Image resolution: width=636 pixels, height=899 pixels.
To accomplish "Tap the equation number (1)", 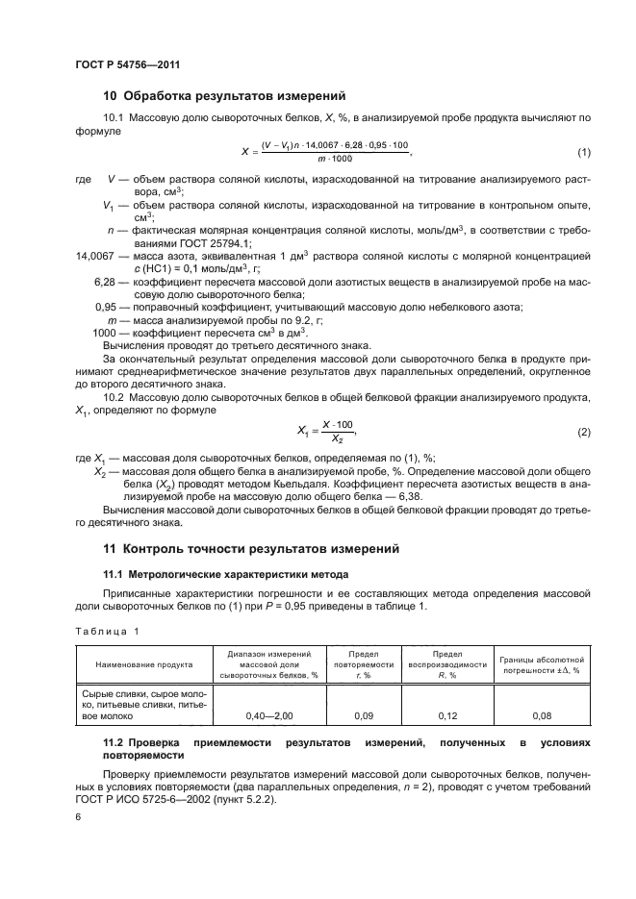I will click(x=583, y=152).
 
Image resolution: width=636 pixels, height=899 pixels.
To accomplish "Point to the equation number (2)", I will click(x=583, y=406).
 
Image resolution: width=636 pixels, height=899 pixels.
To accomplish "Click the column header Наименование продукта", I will click(x=143, y=664).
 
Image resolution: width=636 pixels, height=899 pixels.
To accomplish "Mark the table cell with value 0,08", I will click(x=543, y=715).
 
